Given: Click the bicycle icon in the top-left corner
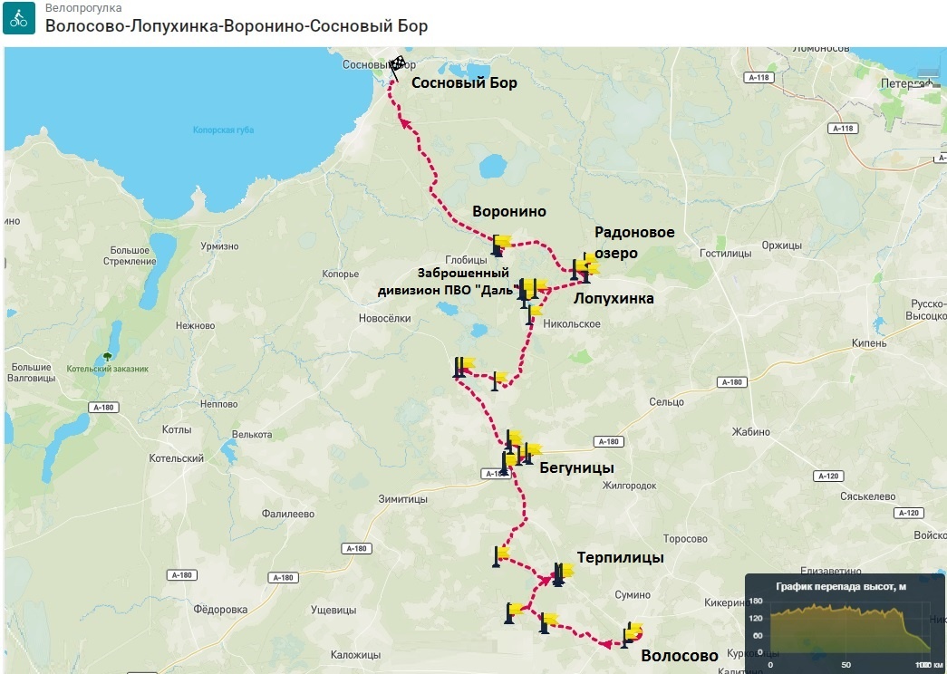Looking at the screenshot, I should [19, 17].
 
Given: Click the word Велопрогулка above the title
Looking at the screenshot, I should [83, 8].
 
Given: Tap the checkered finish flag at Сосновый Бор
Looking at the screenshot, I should [397, 64].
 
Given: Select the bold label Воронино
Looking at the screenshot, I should [509, 212].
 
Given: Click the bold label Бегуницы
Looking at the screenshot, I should [576, 467].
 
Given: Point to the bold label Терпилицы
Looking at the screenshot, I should [621, 558].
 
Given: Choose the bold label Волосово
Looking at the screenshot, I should [679, 656].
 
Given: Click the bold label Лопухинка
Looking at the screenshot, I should [614, 298].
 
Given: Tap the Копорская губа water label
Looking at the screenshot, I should [223, 130].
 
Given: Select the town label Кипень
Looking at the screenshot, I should [869, 343].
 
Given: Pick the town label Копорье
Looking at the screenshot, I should [341, 274].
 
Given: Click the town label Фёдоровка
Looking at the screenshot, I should [221, 610].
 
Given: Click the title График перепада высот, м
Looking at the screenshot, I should [840, 586].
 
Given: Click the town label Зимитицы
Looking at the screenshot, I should [403, 499].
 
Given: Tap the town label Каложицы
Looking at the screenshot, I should [355, 655].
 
